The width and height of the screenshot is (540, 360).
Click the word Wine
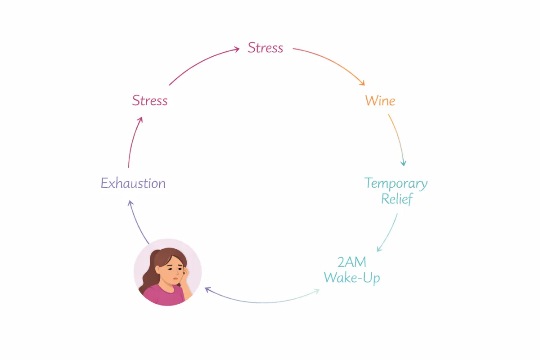coord(380,100)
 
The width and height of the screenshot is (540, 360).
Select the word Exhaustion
coord(133,184)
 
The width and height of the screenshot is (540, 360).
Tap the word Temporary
coord(396,184)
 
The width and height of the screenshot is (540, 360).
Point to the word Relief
coord(396,198)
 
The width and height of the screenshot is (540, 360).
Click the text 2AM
coord(352,262)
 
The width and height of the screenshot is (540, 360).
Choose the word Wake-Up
coord(352,277)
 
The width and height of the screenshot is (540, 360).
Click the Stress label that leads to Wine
coord(265,48)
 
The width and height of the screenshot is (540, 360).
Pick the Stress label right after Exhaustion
coord(150,100)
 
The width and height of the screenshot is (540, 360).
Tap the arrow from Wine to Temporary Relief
coord(398,139)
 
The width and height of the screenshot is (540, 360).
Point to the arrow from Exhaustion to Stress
coord(133,142)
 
